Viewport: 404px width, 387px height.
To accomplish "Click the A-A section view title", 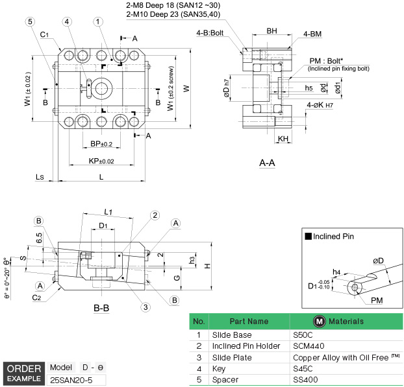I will point(266,163).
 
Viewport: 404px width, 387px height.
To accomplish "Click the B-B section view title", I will point(101,308).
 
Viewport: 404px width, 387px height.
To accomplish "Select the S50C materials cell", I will point(303,335).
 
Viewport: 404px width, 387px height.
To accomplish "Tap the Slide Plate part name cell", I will point(233,357).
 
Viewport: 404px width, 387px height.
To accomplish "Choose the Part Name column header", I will point(248,322).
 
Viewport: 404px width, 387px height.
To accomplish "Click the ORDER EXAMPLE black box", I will point(24,373).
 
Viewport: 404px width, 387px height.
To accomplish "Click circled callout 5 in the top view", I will point(30,21).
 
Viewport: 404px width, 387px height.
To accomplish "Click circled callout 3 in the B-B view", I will point(146,307).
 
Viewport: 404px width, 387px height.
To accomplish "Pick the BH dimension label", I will point(271,30).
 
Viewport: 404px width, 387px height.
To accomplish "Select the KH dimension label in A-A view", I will point(283,139).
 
